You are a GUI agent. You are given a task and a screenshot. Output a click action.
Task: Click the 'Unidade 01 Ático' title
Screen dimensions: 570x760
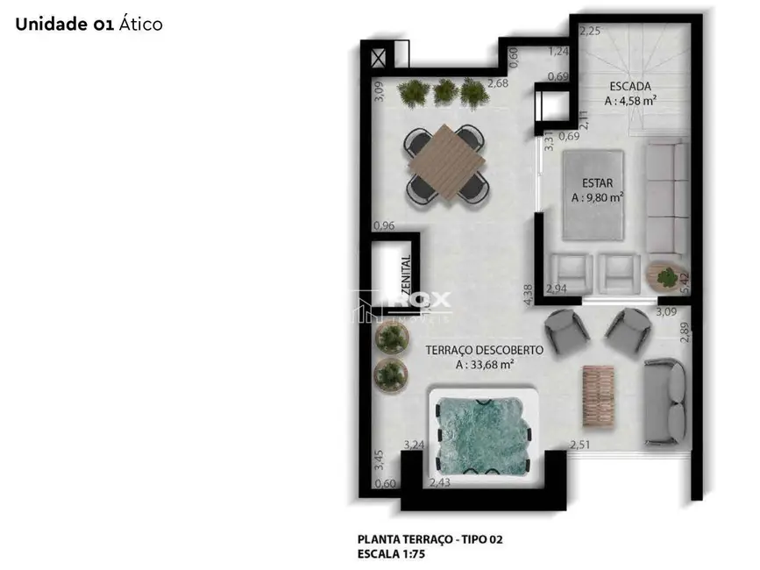coord(89,25)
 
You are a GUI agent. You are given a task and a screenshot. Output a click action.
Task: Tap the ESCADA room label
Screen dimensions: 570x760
coord(631,87)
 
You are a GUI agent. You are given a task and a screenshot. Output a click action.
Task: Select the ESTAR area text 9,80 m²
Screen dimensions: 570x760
coord(598,197)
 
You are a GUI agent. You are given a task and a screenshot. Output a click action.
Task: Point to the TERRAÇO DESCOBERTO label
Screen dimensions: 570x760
coord(484,350)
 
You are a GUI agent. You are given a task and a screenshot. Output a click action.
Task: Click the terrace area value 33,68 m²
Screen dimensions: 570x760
coord(485,365)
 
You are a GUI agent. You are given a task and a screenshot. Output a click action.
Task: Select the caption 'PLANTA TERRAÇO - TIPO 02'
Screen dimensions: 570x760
coord(430,539)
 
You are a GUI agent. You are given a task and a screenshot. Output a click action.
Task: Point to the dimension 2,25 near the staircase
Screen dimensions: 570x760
coord(589,32)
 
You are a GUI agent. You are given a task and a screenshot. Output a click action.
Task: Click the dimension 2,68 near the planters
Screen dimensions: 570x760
coord(498,83)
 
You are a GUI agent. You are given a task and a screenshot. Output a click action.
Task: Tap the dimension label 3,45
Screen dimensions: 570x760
coord(379,459)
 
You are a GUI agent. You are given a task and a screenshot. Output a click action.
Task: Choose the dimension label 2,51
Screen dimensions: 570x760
coord(579,446)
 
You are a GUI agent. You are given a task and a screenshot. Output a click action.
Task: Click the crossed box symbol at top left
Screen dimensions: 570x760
coord(380,59)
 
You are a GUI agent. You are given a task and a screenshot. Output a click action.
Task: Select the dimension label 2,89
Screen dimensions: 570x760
coord(685,333)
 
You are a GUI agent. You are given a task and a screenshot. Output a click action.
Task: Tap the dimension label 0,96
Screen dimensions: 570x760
coord(384,225)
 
